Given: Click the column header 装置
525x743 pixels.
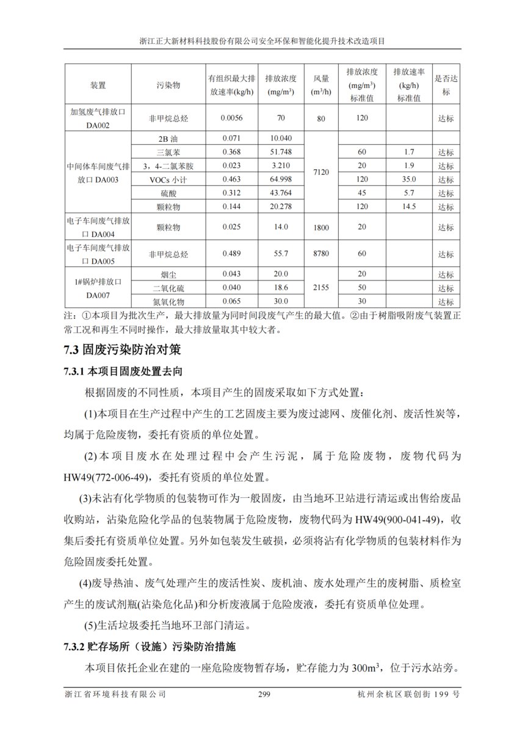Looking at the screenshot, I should coord(98,86).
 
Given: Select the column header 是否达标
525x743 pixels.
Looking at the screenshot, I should coord(446,86).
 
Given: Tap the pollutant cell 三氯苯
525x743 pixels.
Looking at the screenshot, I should coord(168,152).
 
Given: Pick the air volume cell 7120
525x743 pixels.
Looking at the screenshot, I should coord(321,172).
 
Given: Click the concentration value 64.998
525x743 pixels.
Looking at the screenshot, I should coord(281,179).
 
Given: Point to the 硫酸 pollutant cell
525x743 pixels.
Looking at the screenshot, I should coord(168,192).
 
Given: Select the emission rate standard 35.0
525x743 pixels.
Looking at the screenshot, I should coord(409,179).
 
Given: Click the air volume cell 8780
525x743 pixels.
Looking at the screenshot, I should coord(321,253).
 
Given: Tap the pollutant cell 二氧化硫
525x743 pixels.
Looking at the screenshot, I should coord(168,288).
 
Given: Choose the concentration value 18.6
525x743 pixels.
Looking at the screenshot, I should coord(281,288).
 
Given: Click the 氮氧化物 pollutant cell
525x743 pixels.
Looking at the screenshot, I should coord(168,301).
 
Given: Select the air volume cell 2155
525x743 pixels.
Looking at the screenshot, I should coord(321,287).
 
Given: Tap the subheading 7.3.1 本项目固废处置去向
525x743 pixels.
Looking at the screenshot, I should coord(123,371).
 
